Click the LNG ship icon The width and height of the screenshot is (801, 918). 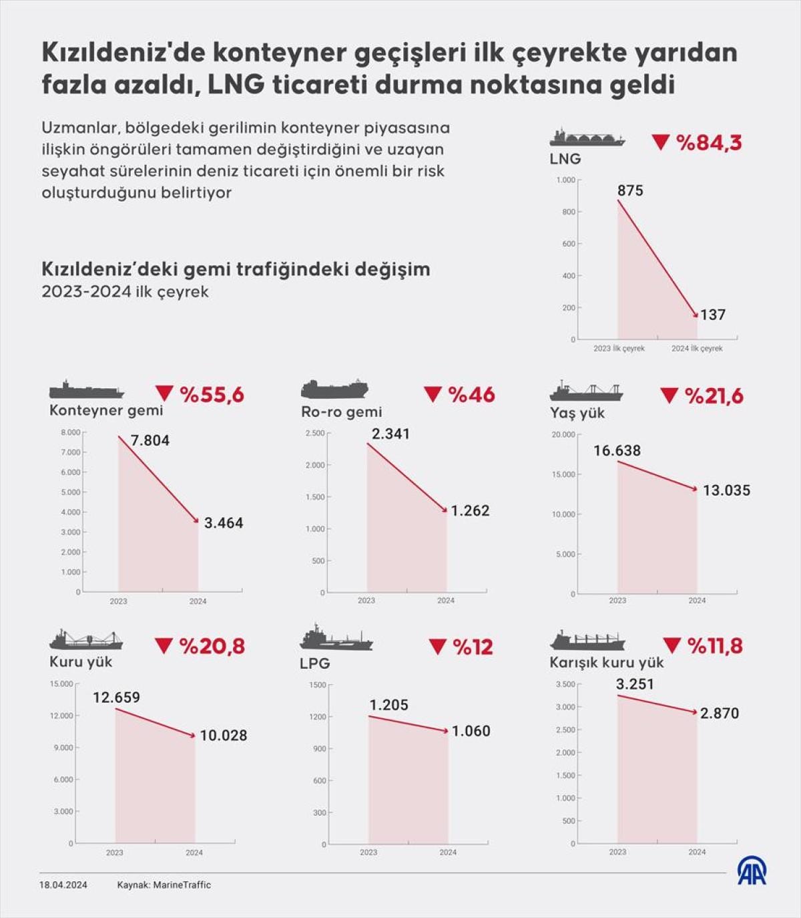tap(587, 138)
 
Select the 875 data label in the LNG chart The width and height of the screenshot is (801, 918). tap(630, 191)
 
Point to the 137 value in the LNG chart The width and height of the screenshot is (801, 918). tap(713, 315)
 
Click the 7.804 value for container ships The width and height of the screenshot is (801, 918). tap(150, 440)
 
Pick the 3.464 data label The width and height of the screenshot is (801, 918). tap(224, 523)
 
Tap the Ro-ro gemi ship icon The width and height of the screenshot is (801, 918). tap(334, 389)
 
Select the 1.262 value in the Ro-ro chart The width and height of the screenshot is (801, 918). tap(470, 511)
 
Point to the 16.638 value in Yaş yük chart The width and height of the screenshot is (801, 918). tap(617, 451)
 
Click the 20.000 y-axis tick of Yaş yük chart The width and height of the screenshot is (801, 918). tap(563, 435)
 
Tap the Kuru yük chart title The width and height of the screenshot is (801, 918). tap(81, 662)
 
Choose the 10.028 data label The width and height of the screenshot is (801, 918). tap(224, 736)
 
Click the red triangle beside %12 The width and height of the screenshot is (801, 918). tap(437, 646)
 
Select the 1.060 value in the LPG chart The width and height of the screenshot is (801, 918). tap(471, 732)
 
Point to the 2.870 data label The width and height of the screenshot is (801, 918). tap(720, 714)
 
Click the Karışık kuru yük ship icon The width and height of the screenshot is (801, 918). tap(587, 641)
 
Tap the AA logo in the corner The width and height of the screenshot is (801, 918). tap(752, 871)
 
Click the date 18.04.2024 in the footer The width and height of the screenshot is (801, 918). tap(63, 885)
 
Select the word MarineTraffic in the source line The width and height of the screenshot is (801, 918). tap(182, 885)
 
